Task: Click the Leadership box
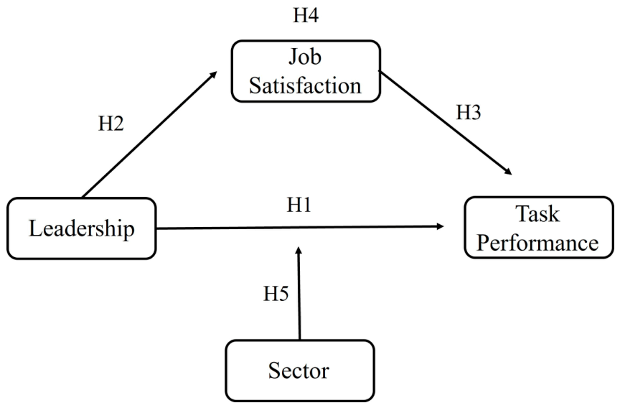82,228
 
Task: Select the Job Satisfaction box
306,71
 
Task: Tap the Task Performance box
538,228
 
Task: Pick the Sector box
300,371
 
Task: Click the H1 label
299,205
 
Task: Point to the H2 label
111,124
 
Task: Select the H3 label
469,112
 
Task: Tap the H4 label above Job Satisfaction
306,15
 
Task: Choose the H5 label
276,294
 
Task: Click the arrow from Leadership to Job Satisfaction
149,134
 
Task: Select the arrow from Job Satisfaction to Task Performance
446,123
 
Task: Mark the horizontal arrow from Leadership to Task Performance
300,227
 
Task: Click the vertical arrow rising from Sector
299,293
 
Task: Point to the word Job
305,57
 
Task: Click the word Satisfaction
305,86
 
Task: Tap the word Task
537,213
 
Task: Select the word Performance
537,243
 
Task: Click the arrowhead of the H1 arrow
440,226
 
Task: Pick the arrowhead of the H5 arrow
299,251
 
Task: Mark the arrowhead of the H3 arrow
508,172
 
